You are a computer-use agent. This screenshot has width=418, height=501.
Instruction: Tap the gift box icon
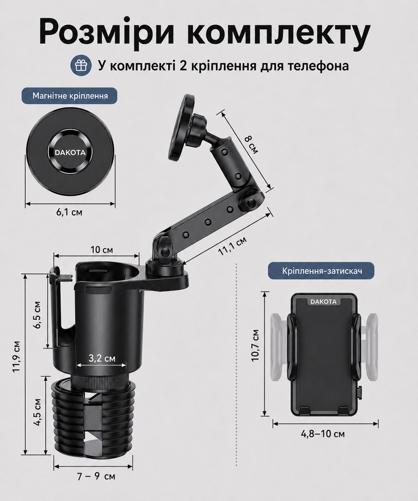pyautogui.click(x=81, y=66)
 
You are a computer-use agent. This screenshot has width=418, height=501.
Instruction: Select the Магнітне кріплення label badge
pyautogui.click(x=70, y=96)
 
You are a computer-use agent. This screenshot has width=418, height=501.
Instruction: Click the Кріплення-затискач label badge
pyautogui.click(x=321, y=271)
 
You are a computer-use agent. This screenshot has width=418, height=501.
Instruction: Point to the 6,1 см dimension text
pyautogui.click(x=70, y=212)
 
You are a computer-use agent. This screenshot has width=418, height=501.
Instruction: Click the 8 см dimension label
pyautogui.click(x=251, y=145)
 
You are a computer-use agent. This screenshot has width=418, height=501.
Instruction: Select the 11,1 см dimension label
pyautogui.click(x=232, y=246)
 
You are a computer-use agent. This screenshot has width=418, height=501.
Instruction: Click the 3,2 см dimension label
pyautogui.click(x=102, y=358)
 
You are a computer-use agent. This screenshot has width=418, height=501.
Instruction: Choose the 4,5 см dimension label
pyautogui.click(x=38, y=412)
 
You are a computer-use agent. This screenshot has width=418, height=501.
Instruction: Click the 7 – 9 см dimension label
pyautogui.click(x=96, y=477)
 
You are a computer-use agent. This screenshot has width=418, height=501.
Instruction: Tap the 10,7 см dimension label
pyautogui.click(x=255, y=345)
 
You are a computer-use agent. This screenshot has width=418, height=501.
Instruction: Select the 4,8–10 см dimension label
pyautogui.click(x=323, y=434)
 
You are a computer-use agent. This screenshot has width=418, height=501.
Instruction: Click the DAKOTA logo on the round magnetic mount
pyautogui.click(x=70, y=152)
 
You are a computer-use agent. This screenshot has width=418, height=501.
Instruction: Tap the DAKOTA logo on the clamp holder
pyautogui.click(x=324, y=302)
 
